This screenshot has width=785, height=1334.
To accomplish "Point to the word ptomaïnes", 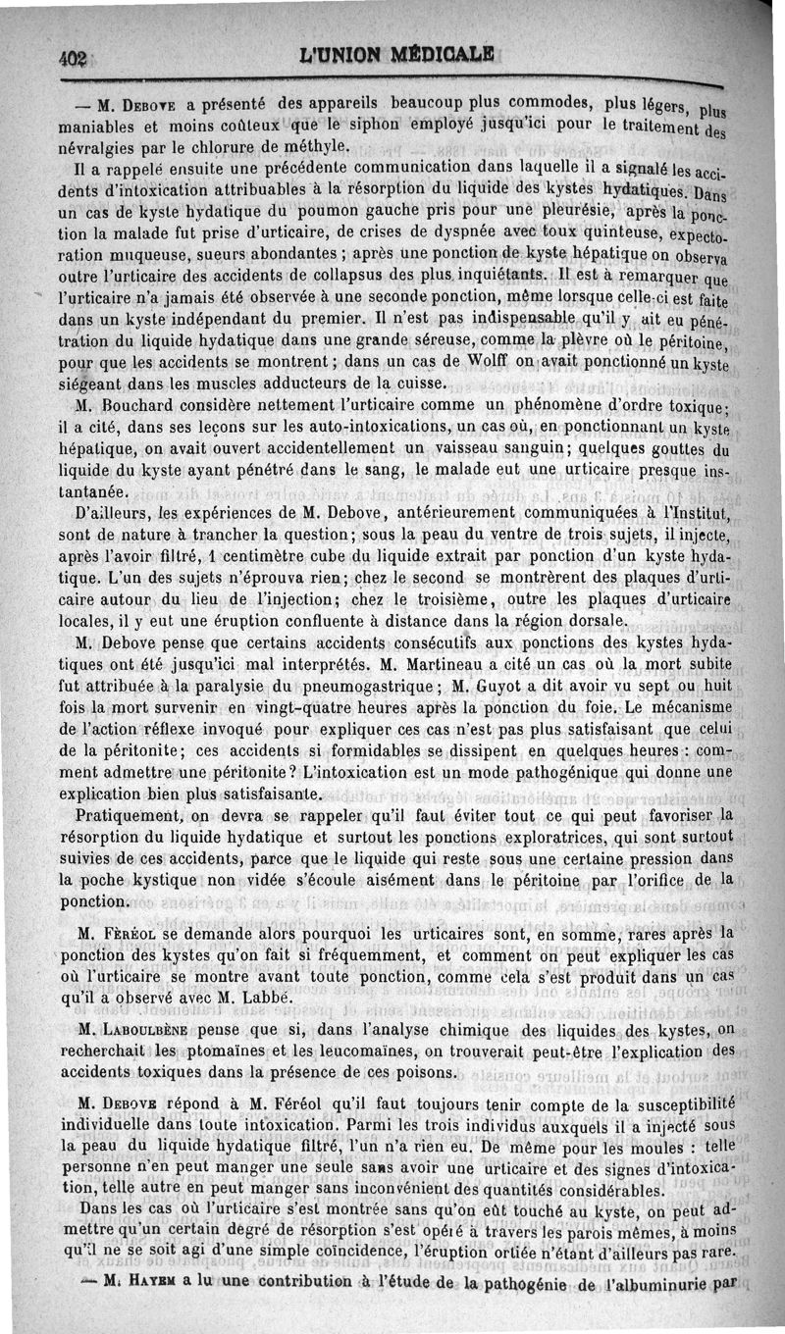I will coord(217,1051).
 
